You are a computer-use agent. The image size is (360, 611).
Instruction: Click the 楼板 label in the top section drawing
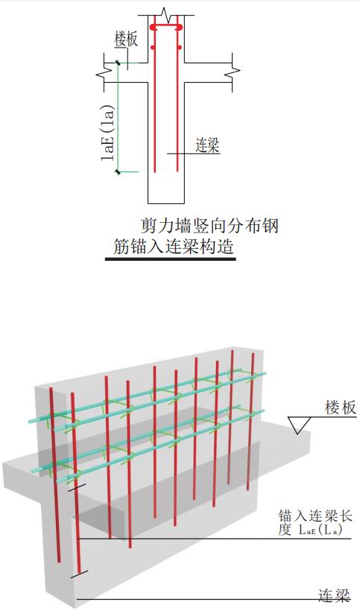pyautogui.click(x=126, y=40)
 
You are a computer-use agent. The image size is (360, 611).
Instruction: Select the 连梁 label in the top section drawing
pyautogui.click(x=207, y=145)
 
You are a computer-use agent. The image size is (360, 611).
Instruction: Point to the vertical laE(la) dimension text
pyautogui.click(x=108, y=133)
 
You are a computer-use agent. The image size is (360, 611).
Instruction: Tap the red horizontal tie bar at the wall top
pyautogui.click(x=166, y=28)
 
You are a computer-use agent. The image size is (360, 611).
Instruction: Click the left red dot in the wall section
pyautogui.click(x=153, y=48)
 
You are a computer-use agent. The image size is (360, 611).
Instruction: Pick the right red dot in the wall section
pyautogui.click(x=179, y=48)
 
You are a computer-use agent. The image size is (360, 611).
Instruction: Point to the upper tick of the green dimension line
pyautogui.click(x=117, y=63)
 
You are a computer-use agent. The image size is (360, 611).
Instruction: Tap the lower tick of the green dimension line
pyautogui.click(x=117, y=171)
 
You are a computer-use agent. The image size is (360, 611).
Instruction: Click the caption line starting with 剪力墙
pyautogui.click(x=209, y=226)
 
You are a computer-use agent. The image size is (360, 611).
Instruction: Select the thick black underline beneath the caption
pyautogui.click(x=171, y=259)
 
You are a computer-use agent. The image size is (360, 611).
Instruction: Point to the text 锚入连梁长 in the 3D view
pyautogui.click(x=315, y=516)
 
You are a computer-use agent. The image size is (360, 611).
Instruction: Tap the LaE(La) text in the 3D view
pyautogui.click(x=320, y=531)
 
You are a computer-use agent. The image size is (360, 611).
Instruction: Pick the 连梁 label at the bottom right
pyautogui.click(x=334, y=595)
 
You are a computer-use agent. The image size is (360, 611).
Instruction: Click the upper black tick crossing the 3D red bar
pyautogui.click(x=75, y=488)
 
